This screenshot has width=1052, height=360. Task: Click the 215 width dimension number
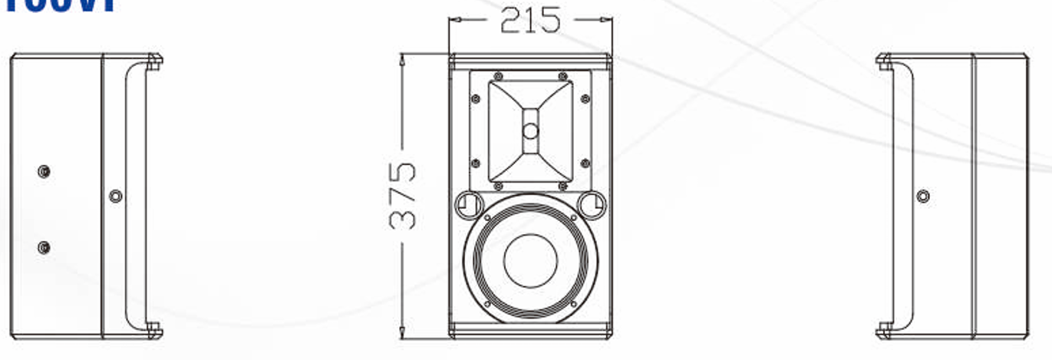click(x=529, y=20)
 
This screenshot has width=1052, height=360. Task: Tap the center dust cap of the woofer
click(x=530, y=259)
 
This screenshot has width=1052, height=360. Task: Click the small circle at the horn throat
click(x=530, y=131)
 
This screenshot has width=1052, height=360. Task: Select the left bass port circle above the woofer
click(x=467, y=203)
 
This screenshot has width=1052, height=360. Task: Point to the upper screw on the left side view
click(x=45, y=171)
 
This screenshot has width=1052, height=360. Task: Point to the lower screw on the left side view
click(x=45, y=247)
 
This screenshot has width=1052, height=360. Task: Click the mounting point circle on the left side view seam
click(x=115, y=196)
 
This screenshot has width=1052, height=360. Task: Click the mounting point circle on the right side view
click(x=923, y=196)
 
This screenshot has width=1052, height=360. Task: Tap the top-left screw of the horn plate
click(x=498, y=76)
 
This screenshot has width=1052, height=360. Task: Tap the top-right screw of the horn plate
click(x=562, y=76)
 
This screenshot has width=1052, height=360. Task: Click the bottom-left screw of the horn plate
click(x=498, y=186)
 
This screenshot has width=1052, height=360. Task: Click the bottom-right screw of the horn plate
click(x=562, y=186)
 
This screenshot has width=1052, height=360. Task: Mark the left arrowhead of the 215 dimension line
click(x=453, y=20)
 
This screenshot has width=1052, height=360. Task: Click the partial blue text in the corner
click(x=58, y=6)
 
